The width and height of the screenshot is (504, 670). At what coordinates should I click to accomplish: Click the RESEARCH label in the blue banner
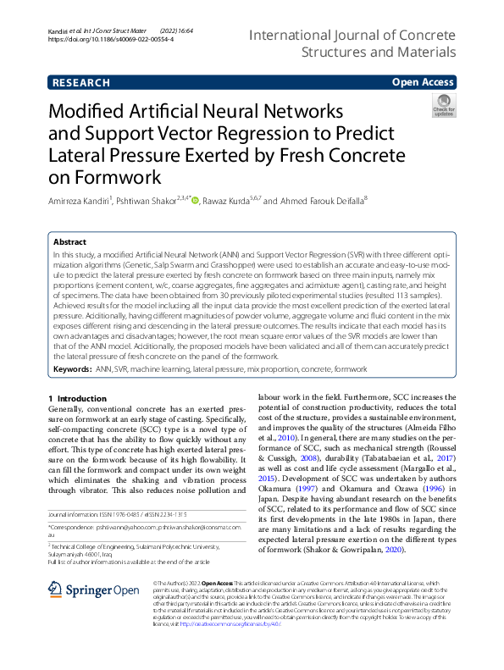[x=81, y=82]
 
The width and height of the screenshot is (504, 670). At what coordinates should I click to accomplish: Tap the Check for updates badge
[x=443, y=106]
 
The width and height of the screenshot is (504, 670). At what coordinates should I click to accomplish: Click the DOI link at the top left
[x=111, y=39]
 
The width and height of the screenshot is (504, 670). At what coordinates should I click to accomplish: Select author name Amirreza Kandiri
[x=76, y=201]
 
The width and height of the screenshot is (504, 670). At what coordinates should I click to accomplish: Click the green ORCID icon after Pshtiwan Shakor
[x=195, y=201]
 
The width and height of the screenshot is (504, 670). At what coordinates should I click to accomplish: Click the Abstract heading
[x=70, y=241]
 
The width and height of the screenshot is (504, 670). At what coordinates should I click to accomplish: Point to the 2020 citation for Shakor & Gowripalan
[x=390, y=550]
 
